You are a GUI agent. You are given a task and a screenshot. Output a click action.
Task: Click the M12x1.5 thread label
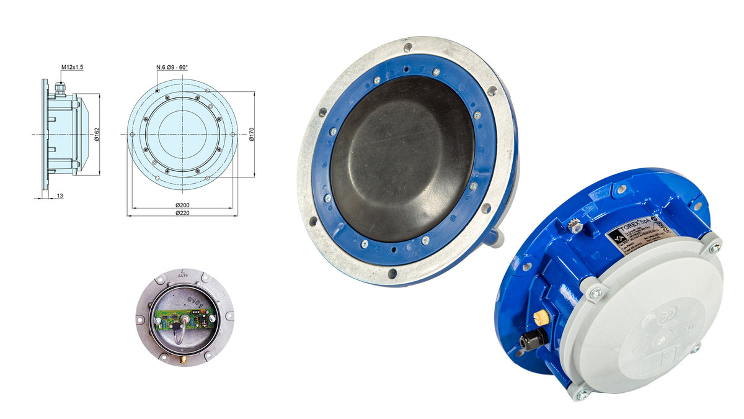[x=73, y=66]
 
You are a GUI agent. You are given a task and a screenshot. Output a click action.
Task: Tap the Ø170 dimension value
[x=252, y=134]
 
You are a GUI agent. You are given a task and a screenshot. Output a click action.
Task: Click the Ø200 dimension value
[x=182, y=205]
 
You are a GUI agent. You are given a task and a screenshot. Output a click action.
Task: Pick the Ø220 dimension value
[x=182, y=213]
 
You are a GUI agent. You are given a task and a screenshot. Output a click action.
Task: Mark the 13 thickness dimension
[x=59, y=196]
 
